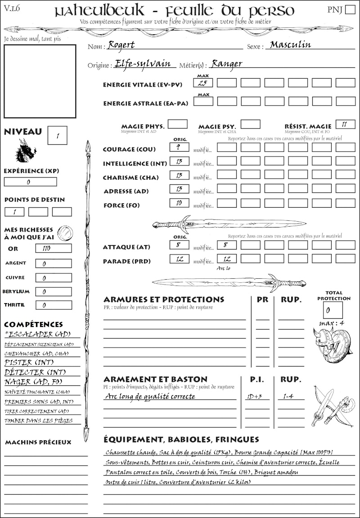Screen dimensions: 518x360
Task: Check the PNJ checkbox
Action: (x=350, y=10)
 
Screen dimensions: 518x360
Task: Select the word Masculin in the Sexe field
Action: (x=290, y=45)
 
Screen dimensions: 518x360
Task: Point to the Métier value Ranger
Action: (x=227, y=63)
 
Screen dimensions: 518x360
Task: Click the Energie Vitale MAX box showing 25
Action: (x=203, y=83)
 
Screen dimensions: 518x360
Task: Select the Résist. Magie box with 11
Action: (x=345, y=124)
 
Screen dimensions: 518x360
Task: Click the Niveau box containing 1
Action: (x=58, y=135)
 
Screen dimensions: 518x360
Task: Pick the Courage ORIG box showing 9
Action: (x=179, y=147)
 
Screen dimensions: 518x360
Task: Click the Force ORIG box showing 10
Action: (x=179, y=203)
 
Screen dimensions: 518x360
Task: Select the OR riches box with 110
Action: (x=53, y=248)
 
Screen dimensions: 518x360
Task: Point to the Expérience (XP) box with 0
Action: (x=30, y=182)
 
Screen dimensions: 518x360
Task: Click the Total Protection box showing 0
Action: (x=333, y=310)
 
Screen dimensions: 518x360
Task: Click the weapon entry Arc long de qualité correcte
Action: (x=150, y=397)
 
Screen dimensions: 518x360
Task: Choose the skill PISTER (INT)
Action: (x=29, y=362)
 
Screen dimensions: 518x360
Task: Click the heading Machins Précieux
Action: (x=38, y=442)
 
